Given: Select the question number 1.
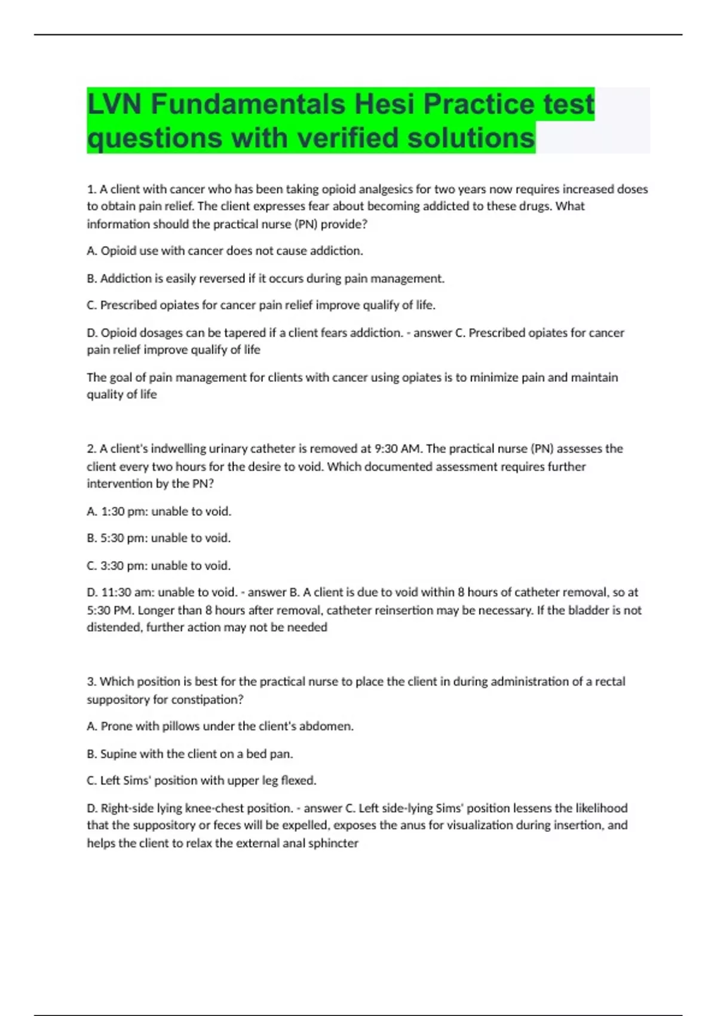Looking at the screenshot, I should click(91, 189).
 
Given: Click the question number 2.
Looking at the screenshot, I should click(91, 449).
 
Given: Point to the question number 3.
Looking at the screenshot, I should click(91, 682).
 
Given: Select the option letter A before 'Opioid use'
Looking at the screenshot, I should click(91, 251).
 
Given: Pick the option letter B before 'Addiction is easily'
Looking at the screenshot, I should click(91, 279).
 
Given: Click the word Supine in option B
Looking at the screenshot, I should click(118, 754).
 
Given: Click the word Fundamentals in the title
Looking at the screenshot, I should click(248, 104).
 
